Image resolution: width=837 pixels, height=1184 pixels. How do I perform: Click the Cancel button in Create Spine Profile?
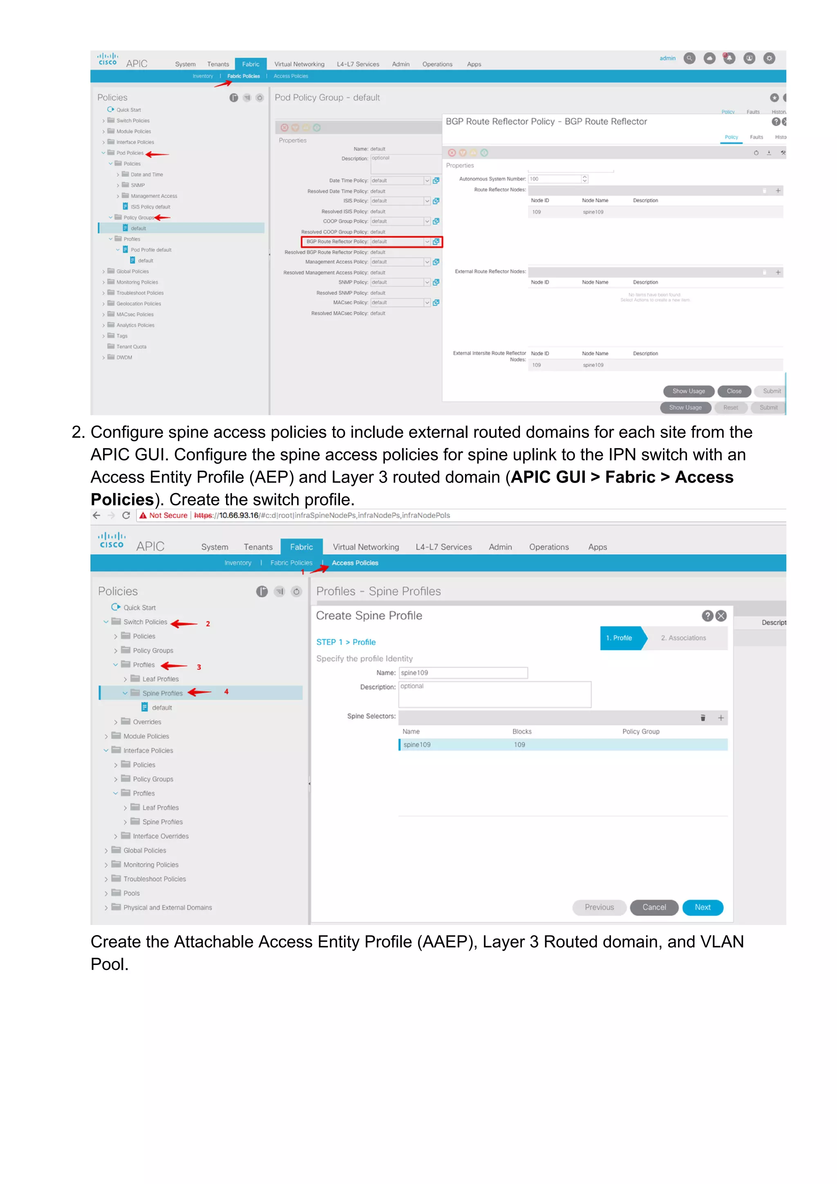653,907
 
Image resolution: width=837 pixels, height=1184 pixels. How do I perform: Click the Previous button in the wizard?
599,907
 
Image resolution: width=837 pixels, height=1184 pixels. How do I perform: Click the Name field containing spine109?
463,672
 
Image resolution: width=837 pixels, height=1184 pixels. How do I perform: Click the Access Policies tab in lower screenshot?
354,563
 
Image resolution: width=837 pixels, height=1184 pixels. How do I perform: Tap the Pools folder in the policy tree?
131,893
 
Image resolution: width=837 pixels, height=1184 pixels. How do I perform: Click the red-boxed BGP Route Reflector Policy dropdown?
400,241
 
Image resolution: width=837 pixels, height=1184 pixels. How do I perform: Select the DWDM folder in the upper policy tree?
124,357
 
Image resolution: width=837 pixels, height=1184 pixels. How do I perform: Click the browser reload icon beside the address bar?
126,515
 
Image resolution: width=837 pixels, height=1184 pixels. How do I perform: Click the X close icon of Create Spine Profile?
721,616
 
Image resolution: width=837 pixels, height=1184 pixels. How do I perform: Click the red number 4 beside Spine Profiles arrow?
226,692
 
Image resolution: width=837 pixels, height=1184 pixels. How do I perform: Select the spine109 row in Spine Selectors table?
562,745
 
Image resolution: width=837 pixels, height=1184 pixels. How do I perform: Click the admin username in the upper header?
667,58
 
